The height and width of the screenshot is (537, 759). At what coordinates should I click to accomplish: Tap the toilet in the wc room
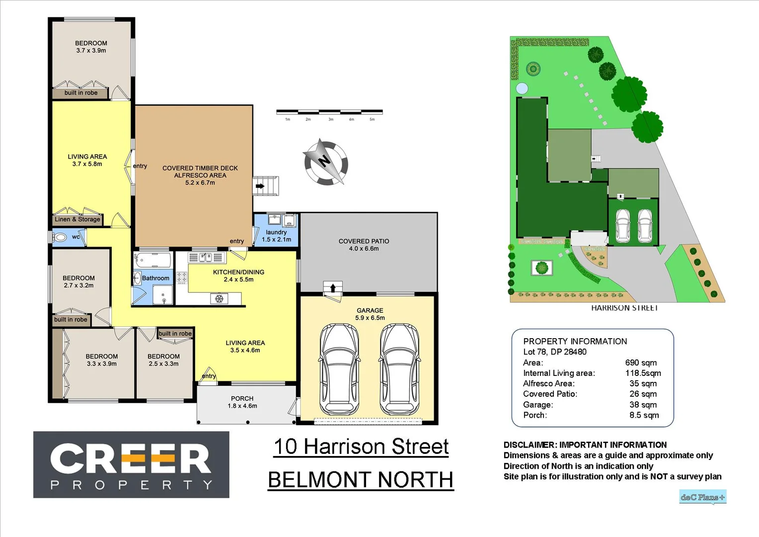click(x=60, y=237)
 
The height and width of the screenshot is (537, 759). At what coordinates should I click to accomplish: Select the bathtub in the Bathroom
click(x=152, y=260)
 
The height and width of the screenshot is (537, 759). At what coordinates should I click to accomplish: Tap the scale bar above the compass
click(x=329, y=112)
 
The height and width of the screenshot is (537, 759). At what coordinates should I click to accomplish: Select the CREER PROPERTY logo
click(x=131, y=464)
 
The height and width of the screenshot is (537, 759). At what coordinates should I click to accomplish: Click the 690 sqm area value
click(x=641, y=362)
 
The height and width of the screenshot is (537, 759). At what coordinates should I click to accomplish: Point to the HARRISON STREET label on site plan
click(x=624, y=308)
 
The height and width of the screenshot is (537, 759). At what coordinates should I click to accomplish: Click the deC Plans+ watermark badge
click(x=702, y=497)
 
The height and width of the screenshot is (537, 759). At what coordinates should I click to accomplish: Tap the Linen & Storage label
click(x=77, y=219)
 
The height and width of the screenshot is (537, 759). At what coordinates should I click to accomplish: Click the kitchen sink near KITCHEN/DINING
click(x=206, y=257)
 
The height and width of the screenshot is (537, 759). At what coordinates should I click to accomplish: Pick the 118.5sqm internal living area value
click(x=643, y=373)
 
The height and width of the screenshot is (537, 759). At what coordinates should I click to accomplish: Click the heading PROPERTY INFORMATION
click(x=575, y=341)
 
